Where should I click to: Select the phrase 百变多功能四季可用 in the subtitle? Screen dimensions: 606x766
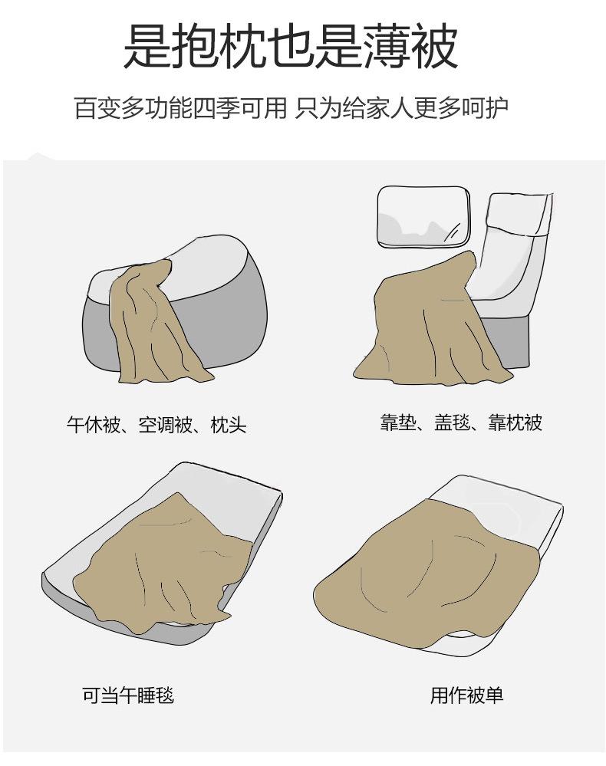click(x=180, y=108)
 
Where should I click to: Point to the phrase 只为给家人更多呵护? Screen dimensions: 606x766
click(x=402, y=108)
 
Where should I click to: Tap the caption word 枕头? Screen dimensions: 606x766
click(x=229, y=425)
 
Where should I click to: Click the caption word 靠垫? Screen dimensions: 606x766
click(x=398, y=422)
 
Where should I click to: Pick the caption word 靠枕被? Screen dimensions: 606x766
click(x=515, y=422)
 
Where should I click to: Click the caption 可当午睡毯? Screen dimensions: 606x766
click(x=128, y=695)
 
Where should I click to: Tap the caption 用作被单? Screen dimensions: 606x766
click(x=466, y=695)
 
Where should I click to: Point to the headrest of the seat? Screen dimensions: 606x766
click(x=522, y=214)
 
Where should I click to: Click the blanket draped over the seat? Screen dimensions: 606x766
click(x=430, y=322)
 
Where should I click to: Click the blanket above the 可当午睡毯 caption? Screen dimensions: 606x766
click(x=161, y=562)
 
